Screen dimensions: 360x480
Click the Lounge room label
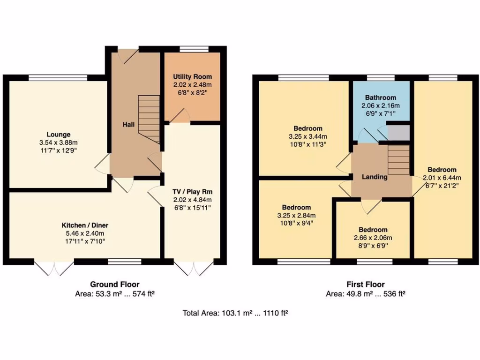point(58,135)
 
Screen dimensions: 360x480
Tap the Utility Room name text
point(192,76)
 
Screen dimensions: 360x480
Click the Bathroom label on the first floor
point(381,97)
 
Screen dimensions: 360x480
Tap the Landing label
point(375,177)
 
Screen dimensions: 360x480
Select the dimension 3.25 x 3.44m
point(308,136)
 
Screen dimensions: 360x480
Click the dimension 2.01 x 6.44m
point(442,178)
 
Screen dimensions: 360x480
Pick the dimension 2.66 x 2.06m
point(373,238)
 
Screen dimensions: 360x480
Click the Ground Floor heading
point(114,284)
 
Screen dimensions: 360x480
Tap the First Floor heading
point(365,284)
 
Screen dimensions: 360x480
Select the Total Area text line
point(235,313)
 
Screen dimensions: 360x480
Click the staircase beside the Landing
point(398,159)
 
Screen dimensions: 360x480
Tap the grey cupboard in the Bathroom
point(398,132)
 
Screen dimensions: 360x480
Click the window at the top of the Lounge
point(58,78)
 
